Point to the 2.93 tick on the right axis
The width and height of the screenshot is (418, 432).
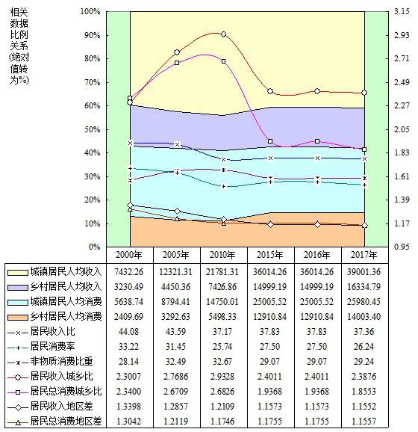(x=402, y=35)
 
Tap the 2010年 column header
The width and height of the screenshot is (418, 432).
(x=222, y=255)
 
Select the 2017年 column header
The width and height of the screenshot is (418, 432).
(x=364, y=255)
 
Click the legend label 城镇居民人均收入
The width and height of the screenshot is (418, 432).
(x=66, y=271)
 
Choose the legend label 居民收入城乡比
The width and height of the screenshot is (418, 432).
(x=62, y=376)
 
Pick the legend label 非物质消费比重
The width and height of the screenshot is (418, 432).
(x=62, y=361)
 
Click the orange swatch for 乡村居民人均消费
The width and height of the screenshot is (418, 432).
(x=18, y=317)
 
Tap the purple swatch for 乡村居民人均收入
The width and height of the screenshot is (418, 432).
(x=18, y=287)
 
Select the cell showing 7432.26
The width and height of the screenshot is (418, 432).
(x=129, y=272)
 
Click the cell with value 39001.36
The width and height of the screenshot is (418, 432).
(x=364, y=272)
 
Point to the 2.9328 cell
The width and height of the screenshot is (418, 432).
(x=222, y=377)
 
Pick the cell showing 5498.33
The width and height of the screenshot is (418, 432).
(x=222, y=317)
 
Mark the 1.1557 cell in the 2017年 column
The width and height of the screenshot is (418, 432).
(x=364, y=421)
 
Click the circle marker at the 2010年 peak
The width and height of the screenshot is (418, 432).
(x=224, y=34)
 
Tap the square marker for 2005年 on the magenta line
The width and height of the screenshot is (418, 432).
(x=177, y=63)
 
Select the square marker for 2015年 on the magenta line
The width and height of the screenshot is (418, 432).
(x=270, y=141)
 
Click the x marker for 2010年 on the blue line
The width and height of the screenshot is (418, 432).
(x=224, y=159)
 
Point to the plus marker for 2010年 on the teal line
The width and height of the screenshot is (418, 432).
(x=224, y=187)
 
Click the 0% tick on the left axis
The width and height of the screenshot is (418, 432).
(x=94, y=247)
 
